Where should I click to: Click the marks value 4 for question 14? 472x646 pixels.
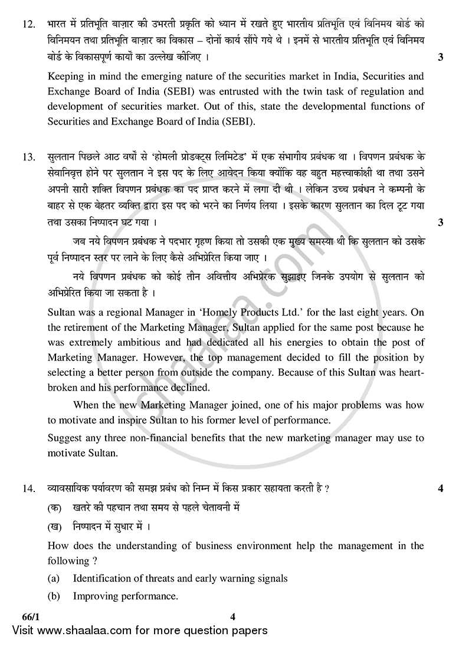[x=441, y=488]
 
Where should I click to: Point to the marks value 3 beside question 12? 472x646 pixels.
[x=441, y=58]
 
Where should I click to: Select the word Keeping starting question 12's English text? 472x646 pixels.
[x=66, y=76]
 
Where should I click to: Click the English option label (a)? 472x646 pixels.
[x=54, y=578]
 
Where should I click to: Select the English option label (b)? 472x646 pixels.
[x=54, y=596]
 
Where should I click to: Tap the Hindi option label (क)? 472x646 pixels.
[x=54, y=507]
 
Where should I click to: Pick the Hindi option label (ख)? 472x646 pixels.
[x=54, y=526]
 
